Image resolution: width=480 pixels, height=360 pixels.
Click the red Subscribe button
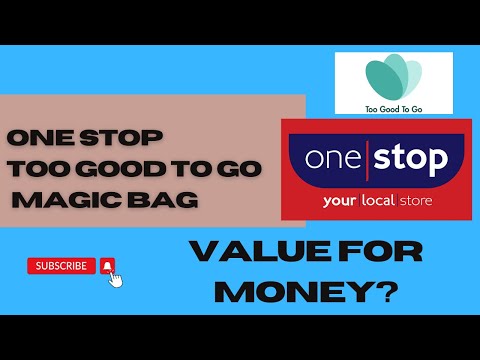pos(61,266)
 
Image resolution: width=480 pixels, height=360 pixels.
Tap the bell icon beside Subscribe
pos(108,266)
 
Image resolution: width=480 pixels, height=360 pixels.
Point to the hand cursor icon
pos(115,278)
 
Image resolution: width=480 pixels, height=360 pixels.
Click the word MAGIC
pos(69,199)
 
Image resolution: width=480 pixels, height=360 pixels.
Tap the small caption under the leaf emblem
pos(392,104)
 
